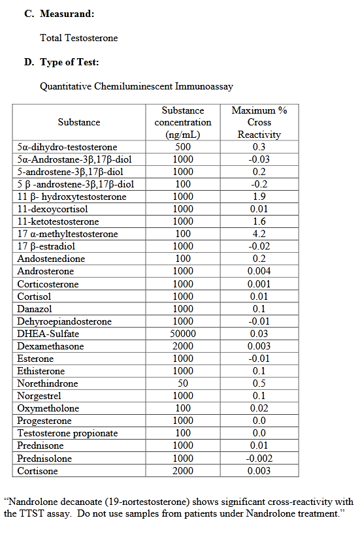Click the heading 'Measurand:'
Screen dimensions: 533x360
67,13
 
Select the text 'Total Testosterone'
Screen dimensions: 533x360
79,38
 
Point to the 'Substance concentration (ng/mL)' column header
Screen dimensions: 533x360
183,122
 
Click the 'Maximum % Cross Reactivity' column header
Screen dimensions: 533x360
259,122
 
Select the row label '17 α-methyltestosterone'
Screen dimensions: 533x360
68,234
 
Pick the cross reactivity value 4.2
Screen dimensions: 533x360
259,234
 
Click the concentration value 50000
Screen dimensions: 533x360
183,334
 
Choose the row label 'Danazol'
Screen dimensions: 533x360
35,309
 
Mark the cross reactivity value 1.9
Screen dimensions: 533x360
259,197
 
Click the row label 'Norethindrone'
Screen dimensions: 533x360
48,383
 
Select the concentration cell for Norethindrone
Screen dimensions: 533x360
183,383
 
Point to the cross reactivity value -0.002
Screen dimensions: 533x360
259,459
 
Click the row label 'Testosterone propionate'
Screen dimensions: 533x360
67,433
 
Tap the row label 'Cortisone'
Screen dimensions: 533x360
37,471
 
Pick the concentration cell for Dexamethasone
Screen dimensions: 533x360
183,346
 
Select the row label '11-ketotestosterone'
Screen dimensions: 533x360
58,221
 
